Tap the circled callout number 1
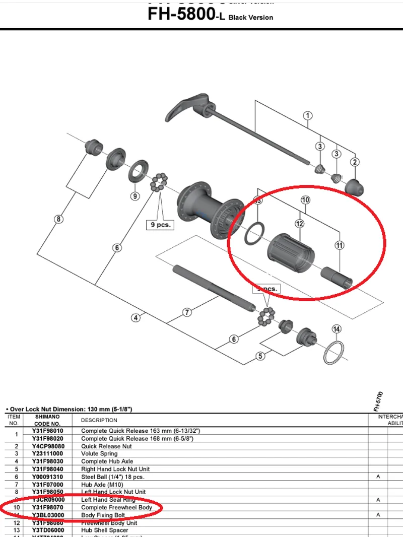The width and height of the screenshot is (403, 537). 307,116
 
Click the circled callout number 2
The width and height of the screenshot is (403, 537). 355,162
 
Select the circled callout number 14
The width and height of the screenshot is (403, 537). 337,329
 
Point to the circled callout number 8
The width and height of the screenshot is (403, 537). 59,219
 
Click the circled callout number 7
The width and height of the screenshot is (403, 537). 187,312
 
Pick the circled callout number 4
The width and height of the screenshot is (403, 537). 136,317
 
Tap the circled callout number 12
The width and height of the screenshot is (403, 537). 300,223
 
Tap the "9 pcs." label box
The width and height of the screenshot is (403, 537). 160,225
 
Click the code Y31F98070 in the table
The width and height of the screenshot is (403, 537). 48,507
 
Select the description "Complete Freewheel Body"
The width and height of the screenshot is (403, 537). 116,507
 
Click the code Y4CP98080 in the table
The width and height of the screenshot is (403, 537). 48,446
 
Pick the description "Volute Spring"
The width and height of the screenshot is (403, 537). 99,453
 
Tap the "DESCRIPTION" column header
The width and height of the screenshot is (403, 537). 99,420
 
